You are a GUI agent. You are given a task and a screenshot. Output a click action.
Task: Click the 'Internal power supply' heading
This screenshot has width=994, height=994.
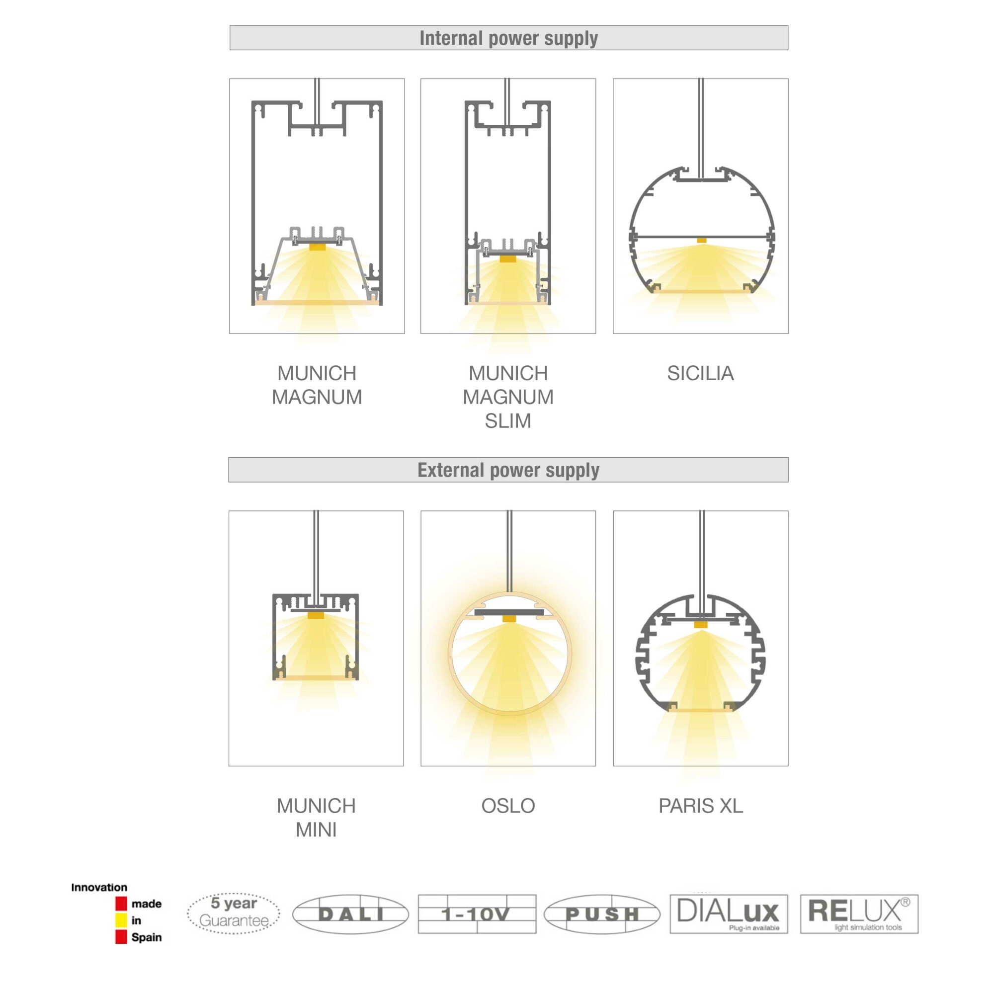(508, 38)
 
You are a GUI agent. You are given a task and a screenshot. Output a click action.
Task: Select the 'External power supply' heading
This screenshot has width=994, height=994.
(508, 470)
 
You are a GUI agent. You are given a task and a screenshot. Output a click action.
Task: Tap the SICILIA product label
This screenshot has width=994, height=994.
(700, 373)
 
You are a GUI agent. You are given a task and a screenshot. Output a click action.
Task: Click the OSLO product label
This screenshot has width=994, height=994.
(508, 806)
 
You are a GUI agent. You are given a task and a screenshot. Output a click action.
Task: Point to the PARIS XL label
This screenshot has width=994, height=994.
(701, 806)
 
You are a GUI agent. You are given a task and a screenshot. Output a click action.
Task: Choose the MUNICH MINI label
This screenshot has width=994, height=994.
(316, 818)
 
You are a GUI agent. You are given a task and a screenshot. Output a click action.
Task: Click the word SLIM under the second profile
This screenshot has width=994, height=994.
(508, 421)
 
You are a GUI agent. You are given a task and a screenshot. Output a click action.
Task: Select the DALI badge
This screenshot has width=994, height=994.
(350, 914)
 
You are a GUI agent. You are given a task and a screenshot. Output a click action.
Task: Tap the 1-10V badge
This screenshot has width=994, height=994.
(477, 914)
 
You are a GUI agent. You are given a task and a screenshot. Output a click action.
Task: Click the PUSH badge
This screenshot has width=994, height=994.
(602, 914)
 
